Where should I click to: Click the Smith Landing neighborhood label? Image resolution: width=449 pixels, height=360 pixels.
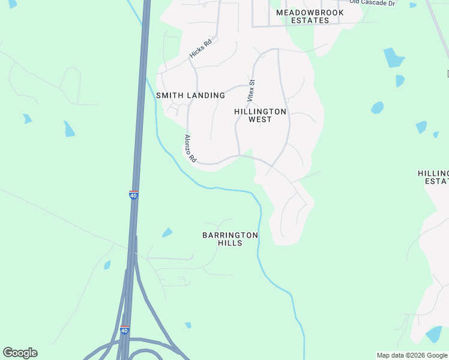[x=190, y=95]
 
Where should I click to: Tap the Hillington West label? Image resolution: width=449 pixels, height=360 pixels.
[x=260, y=115]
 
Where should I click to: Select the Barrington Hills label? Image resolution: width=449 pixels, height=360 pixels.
[x=230, y=239]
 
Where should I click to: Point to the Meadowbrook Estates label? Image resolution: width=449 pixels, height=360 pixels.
[x=310, y=16]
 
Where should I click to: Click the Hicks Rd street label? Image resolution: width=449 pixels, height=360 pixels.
[x=201, y=49]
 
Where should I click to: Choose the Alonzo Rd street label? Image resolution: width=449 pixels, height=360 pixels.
[x=190, y=149]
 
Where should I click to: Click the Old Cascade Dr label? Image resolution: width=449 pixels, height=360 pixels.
[x=372, y=3]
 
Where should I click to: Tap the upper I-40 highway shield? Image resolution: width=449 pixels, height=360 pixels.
[x=133, y=195]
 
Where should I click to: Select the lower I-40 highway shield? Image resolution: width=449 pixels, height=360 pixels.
[x=124, y=331]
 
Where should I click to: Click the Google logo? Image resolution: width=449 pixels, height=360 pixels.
[x=20, y=353]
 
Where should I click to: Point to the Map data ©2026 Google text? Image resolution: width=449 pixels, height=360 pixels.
[x=411, y=355]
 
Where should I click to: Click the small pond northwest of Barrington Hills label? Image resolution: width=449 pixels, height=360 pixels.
[x=167, y=232]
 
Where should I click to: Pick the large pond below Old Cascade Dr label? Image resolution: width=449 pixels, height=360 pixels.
[x=393, y=58]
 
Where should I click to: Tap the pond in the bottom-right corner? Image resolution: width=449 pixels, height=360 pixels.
[x=433, y=334]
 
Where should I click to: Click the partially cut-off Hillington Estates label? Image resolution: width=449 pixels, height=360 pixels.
[x=433, y=177]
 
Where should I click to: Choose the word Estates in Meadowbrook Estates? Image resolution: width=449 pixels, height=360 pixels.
[x=310, y=20]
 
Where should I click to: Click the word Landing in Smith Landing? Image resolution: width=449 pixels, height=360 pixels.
[x=205, y=95]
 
